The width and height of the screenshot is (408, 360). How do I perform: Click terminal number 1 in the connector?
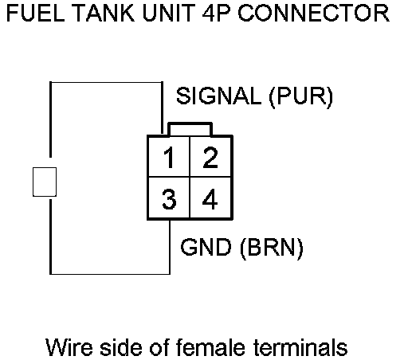coord(169,158)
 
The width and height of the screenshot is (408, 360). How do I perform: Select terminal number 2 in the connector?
coord(210,158)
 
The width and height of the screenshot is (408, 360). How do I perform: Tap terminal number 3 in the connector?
coord(169,199)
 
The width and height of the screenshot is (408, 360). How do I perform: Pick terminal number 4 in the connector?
coord(210,199)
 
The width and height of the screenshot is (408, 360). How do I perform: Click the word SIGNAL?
coord(219,96)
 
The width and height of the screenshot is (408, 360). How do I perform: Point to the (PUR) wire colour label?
coord(301,97)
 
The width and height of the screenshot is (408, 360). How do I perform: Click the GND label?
coord(206,247)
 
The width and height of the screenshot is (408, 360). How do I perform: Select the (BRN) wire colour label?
coord(272,248)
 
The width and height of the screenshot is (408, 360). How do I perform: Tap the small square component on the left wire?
coord(45,182)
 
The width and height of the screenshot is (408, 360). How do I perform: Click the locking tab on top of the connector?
coord(190,129)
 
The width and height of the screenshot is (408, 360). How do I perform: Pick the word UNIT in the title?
coord(169,13)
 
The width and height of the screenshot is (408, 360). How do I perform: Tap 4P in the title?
coord(216,13)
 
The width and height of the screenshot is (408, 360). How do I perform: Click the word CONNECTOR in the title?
coord(314,13)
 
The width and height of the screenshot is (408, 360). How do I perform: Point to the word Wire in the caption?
coord(69,347)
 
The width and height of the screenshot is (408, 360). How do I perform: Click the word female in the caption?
coord(210,346)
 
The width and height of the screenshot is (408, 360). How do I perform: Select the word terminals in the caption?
coord(300,346)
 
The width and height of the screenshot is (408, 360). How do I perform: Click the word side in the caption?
coord(121,346)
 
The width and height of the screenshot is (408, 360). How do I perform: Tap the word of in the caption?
coord(159,346)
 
